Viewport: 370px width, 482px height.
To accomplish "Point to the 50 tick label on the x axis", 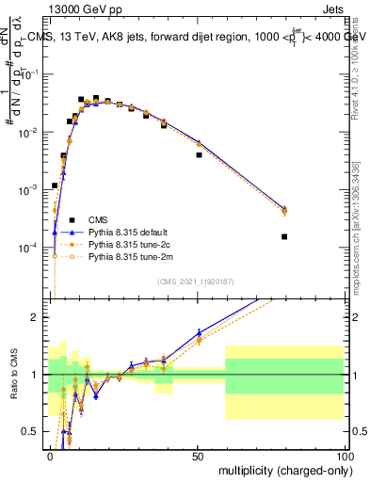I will (198, 455).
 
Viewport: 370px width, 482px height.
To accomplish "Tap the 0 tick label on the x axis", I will (51, 455).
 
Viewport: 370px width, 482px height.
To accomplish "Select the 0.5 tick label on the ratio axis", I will (33, 432).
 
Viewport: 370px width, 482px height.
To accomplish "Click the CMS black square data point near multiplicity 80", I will (284, 236).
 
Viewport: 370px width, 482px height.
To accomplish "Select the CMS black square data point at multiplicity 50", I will (199, 154).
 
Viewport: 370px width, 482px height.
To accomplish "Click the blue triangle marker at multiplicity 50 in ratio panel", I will (199, 332).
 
